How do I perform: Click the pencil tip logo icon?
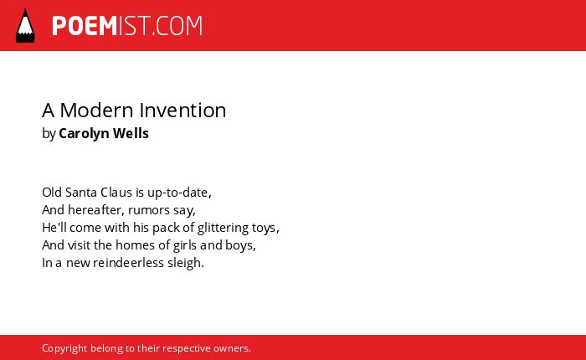[25, 26]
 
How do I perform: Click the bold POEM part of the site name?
[85, 26]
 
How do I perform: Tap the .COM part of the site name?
[177, 26]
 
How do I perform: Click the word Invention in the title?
[182, 111]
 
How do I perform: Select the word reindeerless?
[129, 263]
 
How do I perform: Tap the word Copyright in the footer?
[64, 349]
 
